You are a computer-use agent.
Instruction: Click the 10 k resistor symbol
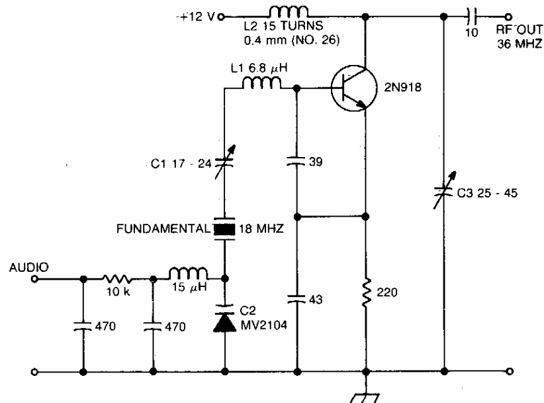tap(118, 279)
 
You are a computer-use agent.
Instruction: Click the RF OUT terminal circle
tap(508, 17)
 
